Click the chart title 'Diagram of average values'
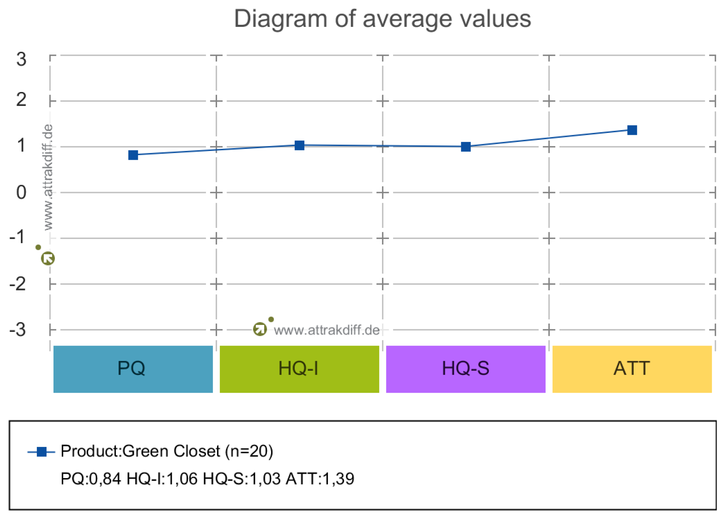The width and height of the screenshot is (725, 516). click(x=382, y=19)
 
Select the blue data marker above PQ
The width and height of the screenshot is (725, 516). click(x=133, y=155)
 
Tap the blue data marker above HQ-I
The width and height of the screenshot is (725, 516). click(x=299, y=145)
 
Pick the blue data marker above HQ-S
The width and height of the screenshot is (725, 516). click(x=466, y=147)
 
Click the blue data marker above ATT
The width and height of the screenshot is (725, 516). click(x=632, y=130)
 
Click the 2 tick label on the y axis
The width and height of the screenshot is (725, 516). click(x=21, y=100)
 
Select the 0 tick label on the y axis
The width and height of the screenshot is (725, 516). click(x=21, y=192)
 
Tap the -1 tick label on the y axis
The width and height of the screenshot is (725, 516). click(x=17, y=237)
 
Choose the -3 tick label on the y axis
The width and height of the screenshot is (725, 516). click(x=17, y=330)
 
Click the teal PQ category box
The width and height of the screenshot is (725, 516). click(x=133, y=369)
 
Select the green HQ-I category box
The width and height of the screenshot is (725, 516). click(x=299, y=369)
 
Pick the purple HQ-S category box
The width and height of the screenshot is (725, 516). click(x=466, y=369)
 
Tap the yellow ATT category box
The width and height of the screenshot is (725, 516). click(x=632, y=369)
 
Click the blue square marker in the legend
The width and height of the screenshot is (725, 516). click(x=42, y=452)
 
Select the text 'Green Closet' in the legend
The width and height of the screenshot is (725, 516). click(x=171, y=451)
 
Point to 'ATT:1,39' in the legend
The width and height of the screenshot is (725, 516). click(x=320, y=479)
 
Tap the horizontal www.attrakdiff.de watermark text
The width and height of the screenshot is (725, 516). click(x=326, y=330)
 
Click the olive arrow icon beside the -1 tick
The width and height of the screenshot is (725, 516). click(x=48, y=258)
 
